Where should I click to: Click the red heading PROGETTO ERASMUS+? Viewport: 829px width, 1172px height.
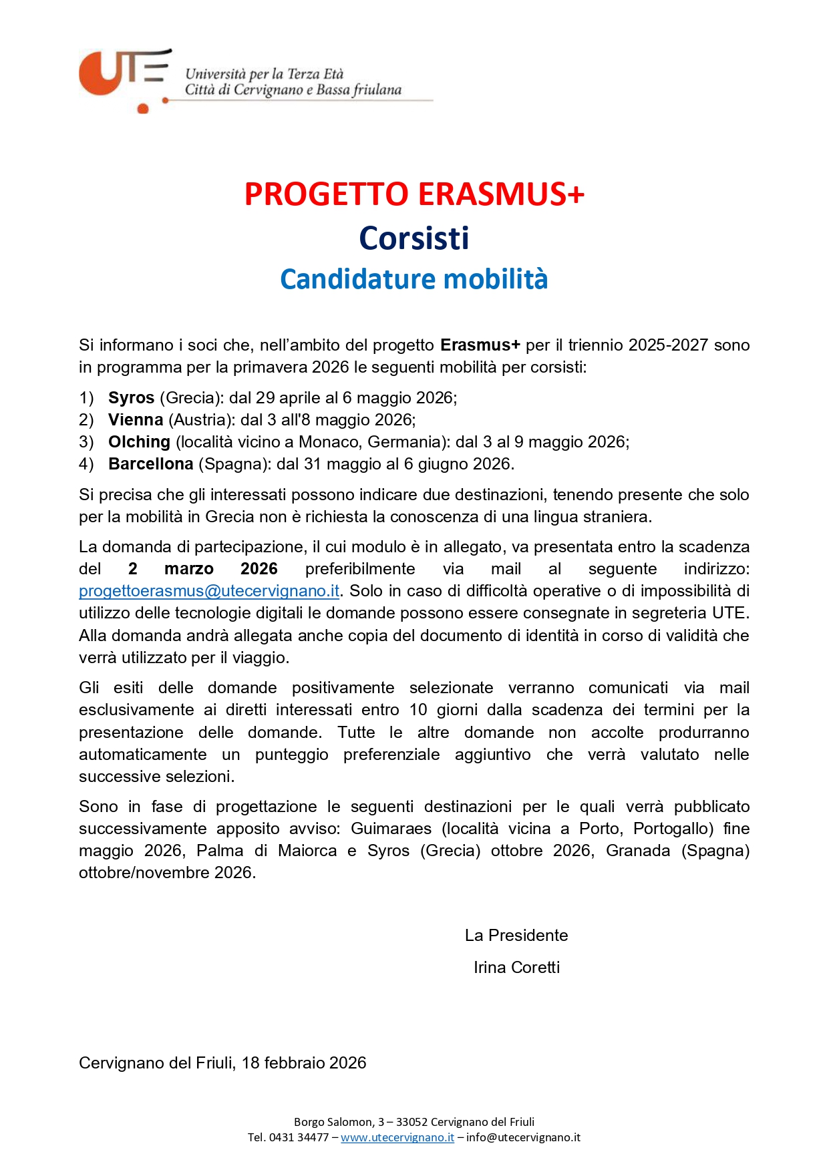click(x=414, y=194)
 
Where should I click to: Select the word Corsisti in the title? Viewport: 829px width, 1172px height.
click(x=414, y=238)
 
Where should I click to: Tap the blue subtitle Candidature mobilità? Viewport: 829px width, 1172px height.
click(x=414, y=279)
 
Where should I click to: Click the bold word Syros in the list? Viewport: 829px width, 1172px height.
click(x=131, y=398)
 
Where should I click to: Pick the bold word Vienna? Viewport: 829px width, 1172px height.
click(x=136, y=420)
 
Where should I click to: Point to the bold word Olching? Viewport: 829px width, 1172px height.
click(x=139, y=442)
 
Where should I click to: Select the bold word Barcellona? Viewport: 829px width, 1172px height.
click(x=150, y=464)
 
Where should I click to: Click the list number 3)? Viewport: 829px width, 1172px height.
click(x=86, y=442)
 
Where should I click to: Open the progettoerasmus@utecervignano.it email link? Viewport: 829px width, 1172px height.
click(x=209, y=591)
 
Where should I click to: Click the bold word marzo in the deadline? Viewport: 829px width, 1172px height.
click(x=189, y=569)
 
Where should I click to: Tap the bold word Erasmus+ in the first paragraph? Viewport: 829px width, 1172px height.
click(x=480, y=345)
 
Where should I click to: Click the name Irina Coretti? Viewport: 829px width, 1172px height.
click(x=516, y=968)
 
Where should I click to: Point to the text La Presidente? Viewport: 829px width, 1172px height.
click(x=516, y=936)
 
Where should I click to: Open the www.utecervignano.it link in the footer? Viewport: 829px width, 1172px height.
click(x=397, y=1137)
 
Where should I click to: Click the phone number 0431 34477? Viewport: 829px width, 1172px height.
click(x=299, y=1137)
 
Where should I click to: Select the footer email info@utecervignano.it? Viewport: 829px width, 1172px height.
click(x=523, y=1137)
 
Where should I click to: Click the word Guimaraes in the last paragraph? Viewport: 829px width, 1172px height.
click(x=391, y=829)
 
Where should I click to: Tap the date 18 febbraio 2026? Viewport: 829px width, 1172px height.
click(x=304, y=1063)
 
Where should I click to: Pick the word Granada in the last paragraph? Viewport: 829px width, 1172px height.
click(x=638, y=851)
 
